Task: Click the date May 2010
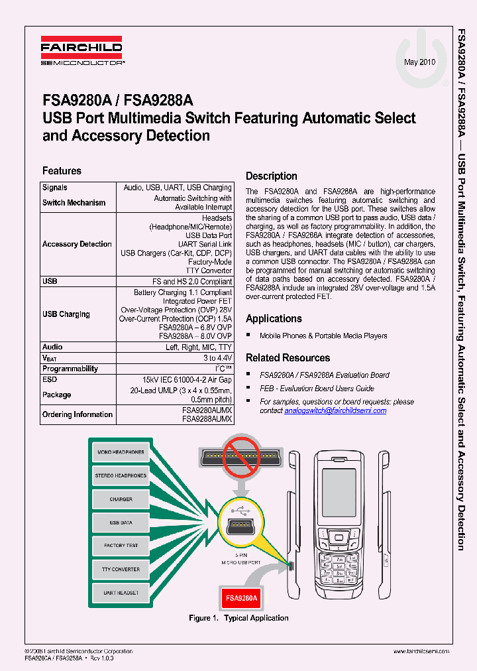(x=419, y=62)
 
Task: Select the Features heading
(x=62, y=171)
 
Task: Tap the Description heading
(x=272, y=176)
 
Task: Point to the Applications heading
(x=274, y=319)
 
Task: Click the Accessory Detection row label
(x=77, y=244)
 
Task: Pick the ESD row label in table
(x=50, y=380)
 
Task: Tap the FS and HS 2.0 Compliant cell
(x=197, y=282)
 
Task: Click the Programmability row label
(x=70, y=369)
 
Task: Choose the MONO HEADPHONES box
(x=121, y=452)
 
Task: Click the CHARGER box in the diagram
(x=121, y=499)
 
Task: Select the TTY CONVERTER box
(x=121, y=570)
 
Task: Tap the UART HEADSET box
(x=121, y=593)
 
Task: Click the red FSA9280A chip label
(x=241, y=598)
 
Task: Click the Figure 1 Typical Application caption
(x=238, y=618)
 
